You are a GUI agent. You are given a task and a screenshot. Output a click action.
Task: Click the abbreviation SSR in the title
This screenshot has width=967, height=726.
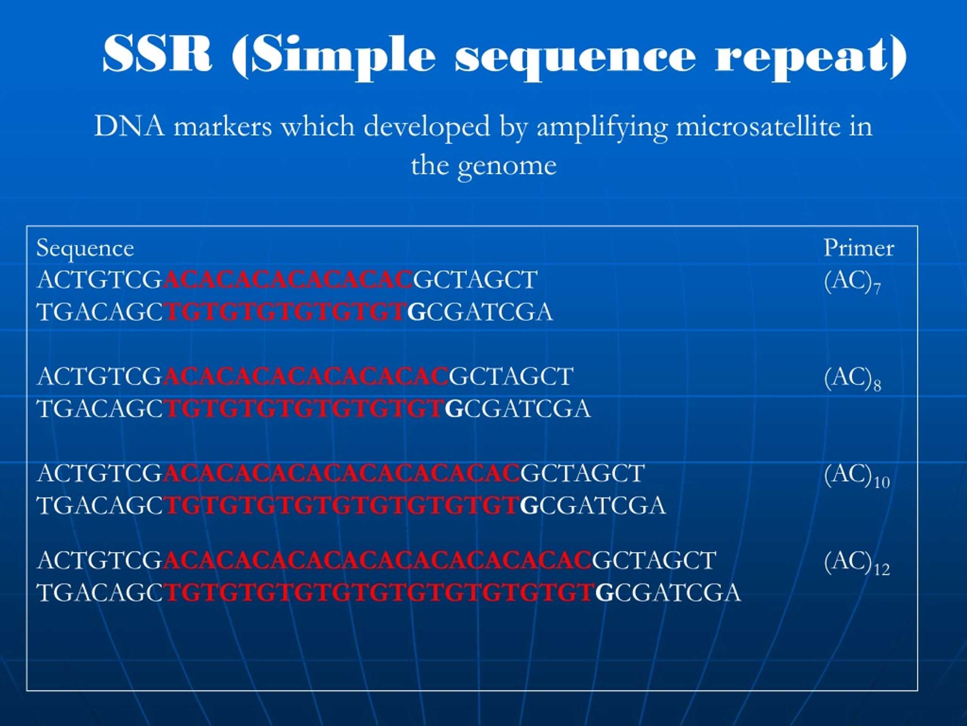158,55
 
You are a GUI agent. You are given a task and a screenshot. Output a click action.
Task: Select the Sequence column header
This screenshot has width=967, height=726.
85,248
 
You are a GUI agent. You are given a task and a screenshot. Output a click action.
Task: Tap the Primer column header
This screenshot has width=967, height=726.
859,248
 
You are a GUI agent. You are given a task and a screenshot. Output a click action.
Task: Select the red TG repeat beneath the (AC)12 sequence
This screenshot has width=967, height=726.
380,593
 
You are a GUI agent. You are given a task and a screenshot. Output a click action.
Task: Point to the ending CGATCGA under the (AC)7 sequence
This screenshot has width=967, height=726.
490,312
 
